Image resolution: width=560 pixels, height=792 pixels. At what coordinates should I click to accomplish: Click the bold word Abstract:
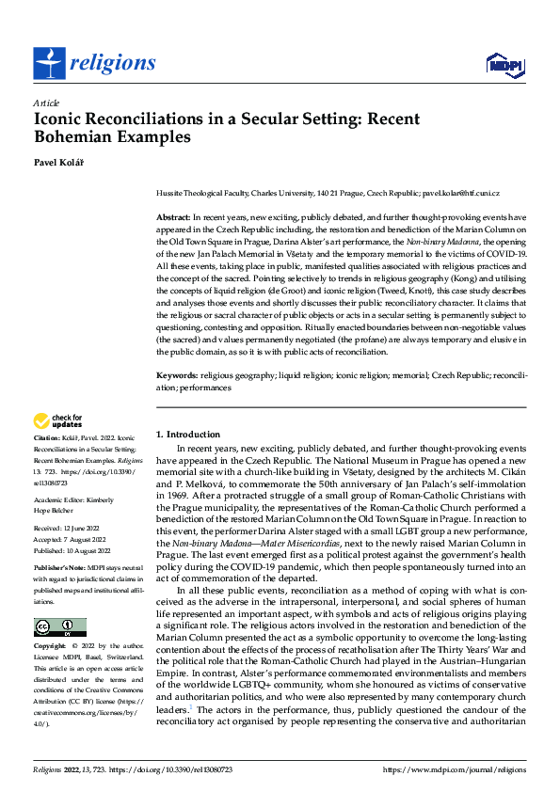pyautogui.click(x=173, y=217)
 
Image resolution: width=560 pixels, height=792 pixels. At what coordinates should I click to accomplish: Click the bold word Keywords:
pyautogui.click(x=176, y=375)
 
